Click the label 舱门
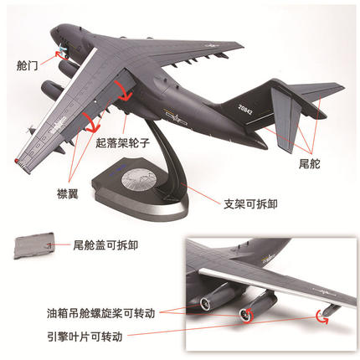(27, 66)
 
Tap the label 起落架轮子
(123, 143)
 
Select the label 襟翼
(68, 193)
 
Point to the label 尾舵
(309, 164)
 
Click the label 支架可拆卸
(250, 204)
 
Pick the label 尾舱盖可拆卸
(105, 245)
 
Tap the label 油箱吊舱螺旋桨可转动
(100, 313)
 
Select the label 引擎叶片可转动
(85, 337)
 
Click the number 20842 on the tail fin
(245, 110)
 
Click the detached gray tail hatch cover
(33, 245)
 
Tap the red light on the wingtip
(17, 161)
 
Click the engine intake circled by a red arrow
(245, 315)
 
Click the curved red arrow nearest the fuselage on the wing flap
(123, 91)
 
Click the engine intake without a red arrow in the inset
(205, 303)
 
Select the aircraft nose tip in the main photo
(53, 30)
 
